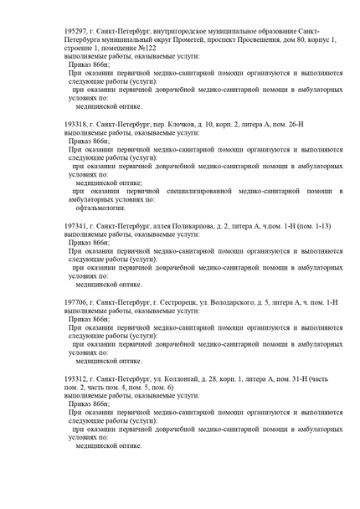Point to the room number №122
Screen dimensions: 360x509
146,49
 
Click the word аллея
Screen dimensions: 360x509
156,227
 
